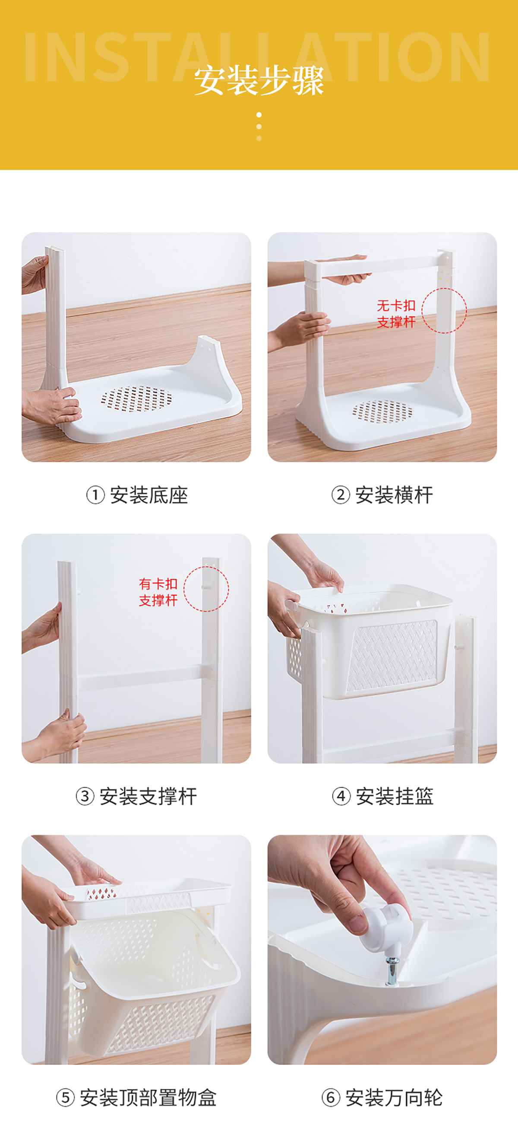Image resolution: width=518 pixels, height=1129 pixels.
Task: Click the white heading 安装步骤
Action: point(259,80)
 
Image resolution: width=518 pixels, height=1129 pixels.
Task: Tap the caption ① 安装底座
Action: point(137,495)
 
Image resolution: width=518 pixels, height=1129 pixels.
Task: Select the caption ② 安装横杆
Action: point(382,495)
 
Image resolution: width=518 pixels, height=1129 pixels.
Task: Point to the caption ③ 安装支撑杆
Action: point(136,796)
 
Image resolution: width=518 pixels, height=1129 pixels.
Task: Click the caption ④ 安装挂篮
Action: point(383,796)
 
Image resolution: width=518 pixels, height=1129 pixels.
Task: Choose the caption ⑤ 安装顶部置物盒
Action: point(136,1097)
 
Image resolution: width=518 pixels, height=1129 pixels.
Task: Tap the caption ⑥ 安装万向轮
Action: point(382,1097)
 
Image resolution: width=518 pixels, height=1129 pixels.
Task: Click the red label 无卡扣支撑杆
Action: point(396,314)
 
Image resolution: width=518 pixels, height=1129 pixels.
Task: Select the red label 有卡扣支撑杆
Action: point(158,592)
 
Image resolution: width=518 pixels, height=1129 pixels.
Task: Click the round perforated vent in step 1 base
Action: point(136,399)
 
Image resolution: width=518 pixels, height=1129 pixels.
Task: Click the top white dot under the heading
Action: point(259,115)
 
